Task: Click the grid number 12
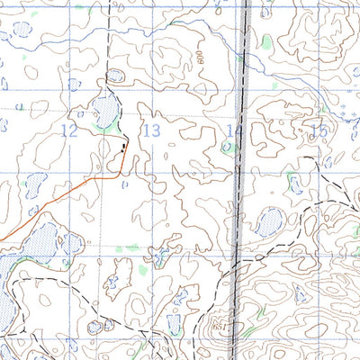pos(69,131)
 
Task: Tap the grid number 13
pos(152,131)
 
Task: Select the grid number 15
pos(318,131)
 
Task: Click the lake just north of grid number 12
pos(104,112)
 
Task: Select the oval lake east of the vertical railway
pos(269,222)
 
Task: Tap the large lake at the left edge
pos(36,247)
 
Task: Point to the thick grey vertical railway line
pos(242,180)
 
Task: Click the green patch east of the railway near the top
pos(266,40)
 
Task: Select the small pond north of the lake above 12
pos(114,76)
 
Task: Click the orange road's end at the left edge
pos(3,240)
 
